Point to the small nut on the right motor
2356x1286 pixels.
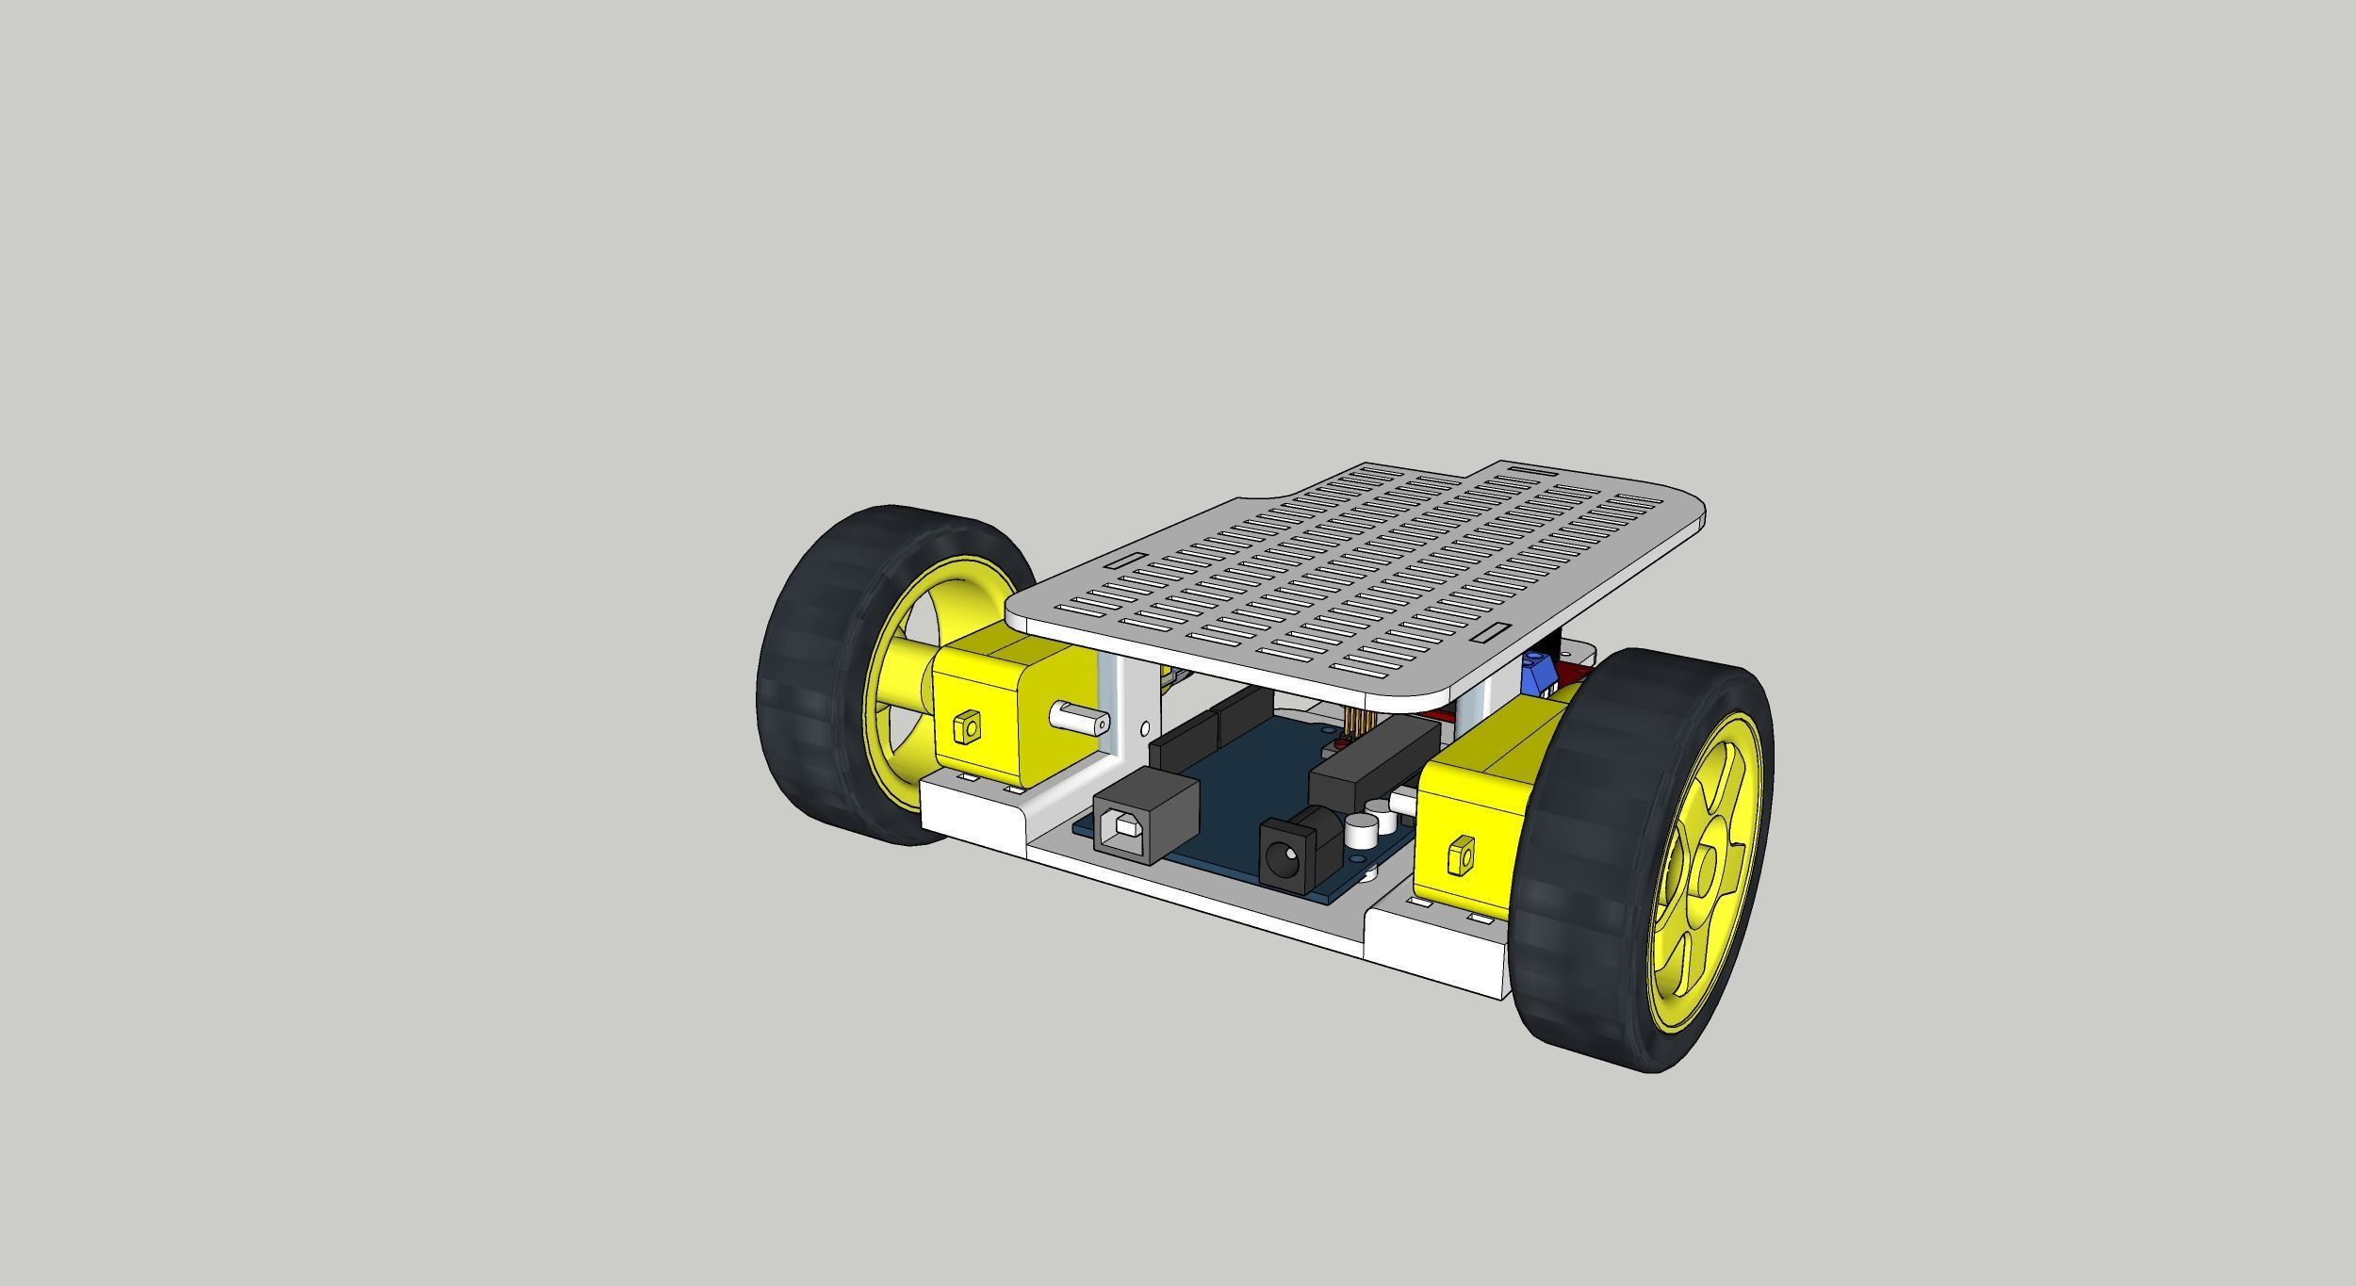point(1461,855)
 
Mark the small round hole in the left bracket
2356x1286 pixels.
point(1146,728)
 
